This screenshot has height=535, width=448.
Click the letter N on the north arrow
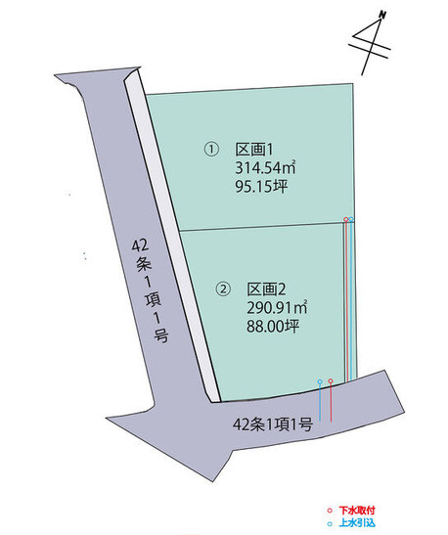coord(382,15)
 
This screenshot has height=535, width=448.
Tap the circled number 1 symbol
coord(211,150)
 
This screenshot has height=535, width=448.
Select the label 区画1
coord(254,150)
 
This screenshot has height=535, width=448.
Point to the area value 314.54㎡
coord(265,167)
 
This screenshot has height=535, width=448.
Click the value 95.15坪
coord(261,186)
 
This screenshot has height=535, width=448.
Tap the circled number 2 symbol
coord(223,290)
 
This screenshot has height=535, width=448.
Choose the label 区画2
coord(266,290)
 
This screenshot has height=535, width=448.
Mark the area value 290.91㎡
coord(277,308)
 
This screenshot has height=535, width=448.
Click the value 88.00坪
coord(273,327)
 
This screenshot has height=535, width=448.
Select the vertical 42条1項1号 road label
coord(151,290)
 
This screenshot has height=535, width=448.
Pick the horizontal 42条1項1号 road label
coord(273,425)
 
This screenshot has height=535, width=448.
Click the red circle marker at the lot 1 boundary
coord(346,219)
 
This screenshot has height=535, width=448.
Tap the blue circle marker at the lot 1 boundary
coord(351,219)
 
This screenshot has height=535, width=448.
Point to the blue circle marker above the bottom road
coord(320,381)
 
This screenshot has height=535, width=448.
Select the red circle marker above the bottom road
coord(331,380)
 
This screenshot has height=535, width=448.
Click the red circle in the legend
coord(330,511)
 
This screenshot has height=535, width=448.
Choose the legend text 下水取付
coord(357,511)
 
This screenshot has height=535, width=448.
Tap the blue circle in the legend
coord(330,523)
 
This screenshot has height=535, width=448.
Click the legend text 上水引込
coord(357,522)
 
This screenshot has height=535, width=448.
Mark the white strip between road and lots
coord(172,236)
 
